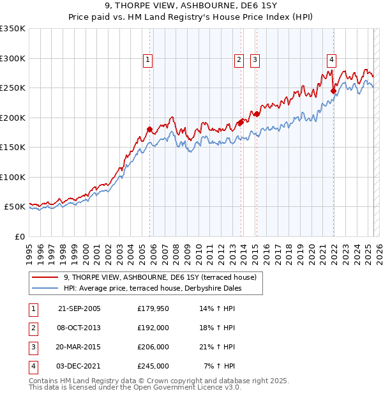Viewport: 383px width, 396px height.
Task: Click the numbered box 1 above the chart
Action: (x=147, y=61)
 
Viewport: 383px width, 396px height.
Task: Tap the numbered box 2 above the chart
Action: (x=239, y=61)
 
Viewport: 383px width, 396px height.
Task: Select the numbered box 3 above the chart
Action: (x=255, y=61)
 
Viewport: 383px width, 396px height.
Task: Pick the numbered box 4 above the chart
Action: (x=332, y=61)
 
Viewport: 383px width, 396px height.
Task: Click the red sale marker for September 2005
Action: (x=149, y=129)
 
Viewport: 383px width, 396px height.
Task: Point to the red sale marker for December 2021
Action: (x=333, y=91)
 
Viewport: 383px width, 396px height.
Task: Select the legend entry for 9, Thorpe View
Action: (x=160, y=277)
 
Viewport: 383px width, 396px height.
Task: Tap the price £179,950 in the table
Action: (x=153, y=308)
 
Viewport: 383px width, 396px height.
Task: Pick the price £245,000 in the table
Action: (x=153, y=366)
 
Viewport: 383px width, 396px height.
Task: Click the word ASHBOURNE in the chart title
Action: (x=194, y=8)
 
